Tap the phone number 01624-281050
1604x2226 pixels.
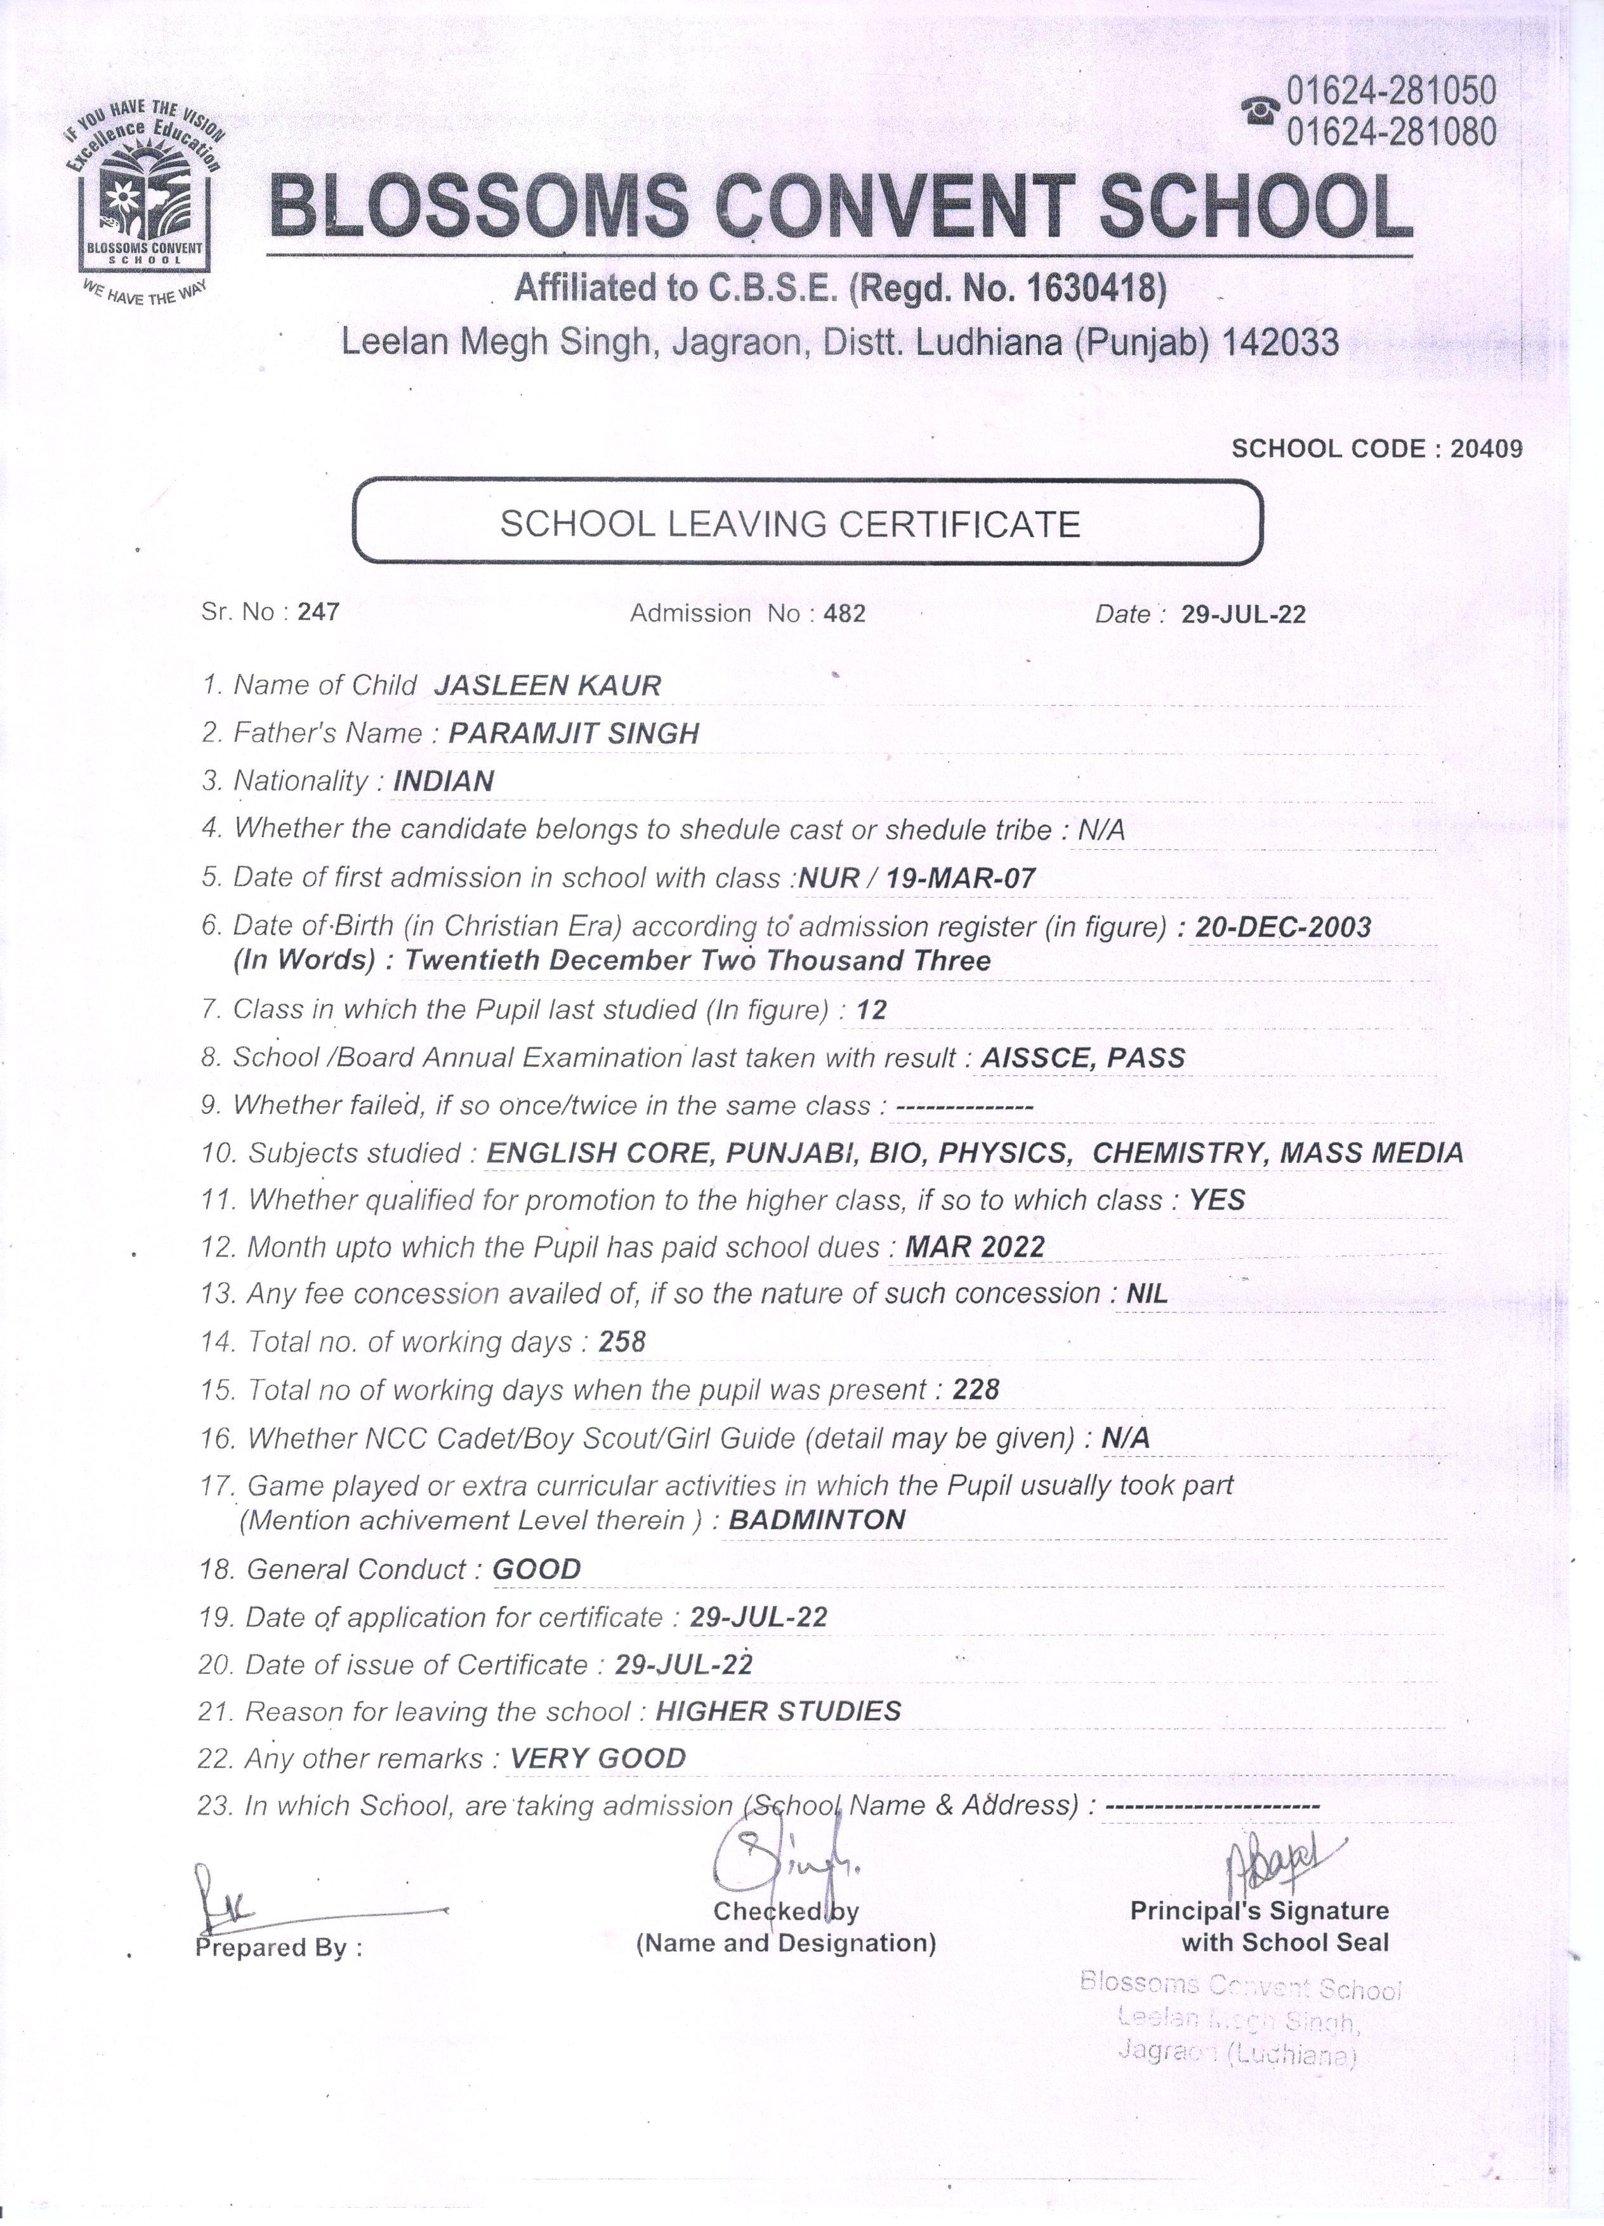coord(1390,91)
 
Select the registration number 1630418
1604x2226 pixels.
coord(1095,289)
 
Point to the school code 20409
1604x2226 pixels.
coord(1485,449)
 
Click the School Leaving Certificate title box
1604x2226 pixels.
coord(806,523)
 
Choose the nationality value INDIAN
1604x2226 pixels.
coord(444,781)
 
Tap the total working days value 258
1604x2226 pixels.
coord(622,1342)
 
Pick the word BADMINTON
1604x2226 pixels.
coord(816,1520)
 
